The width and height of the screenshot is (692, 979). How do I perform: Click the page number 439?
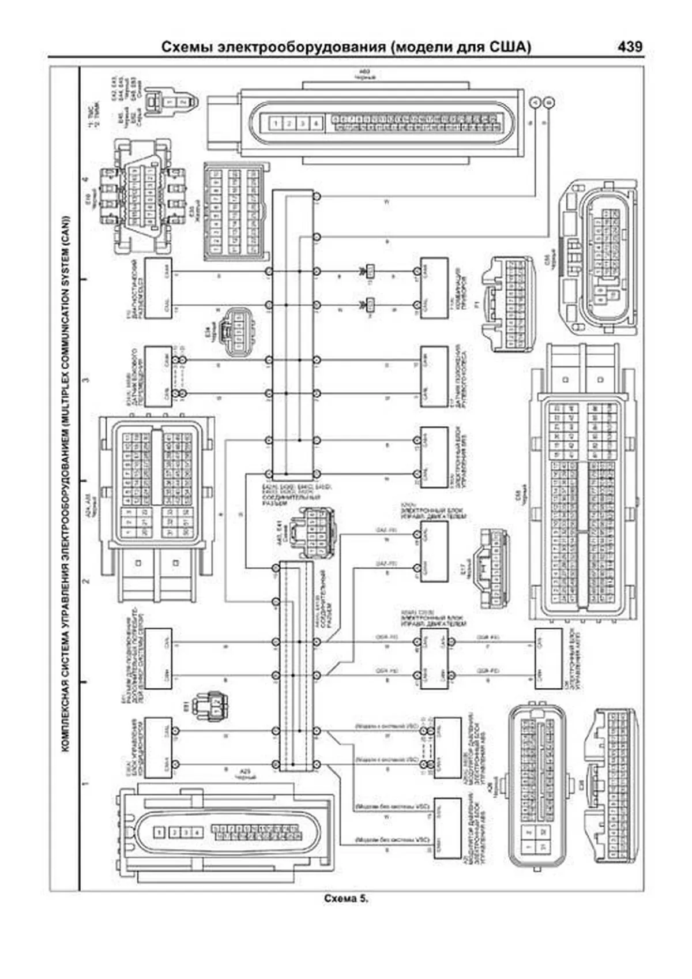point(630,47)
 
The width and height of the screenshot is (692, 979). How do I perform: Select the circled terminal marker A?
point(535,102)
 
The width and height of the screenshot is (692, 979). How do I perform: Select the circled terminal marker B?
point(550,102)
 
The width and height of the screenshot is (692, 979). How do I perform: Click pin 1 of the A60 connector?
point(277,123)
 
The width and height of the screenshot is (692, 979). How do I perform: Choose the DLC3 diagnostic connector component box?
point(158,288)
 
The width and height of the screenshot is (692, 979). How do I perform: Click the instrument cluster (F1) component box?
point(434,288)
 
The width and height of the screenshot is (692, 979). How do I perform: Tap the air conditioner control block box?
point(158,748)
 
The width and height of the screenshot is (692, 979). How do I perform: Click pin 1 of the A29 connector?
point(160,832)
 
